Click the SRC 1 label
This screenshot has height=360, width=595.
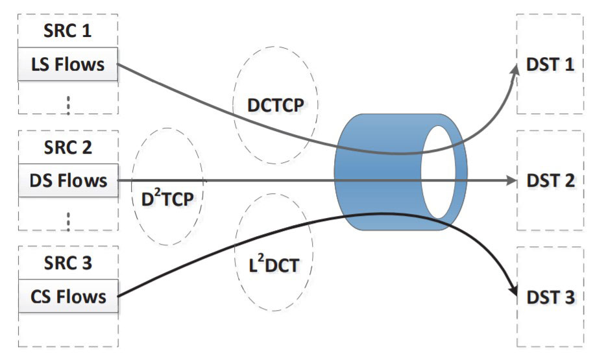pyautogui.click(x=68, y=30)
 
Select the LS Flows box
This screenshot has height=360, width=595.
pyautogui.click(x=68, y=65)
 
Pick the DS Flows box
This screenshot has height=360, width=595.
pyautogui.click(x=68, y=180)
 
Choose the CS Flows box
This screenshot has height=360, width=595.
pyautogui.click(x=68, y=296)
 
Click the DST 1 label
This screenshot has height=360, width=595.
pyautogui.click(x=550, y=66)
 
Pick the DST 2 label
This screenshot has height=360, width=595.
pyautogui.click(x=550, y=180)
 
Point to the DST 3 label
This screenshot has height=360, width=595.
pyautogui.click(x=550, y=297)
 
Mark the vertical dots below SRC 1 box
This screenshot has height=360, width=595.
pyautogui.click(x=68, y=103)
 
